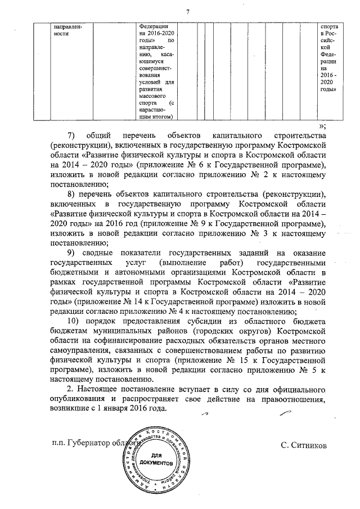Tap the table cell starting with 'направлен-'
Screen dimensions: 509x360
(x=62, y=30)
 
